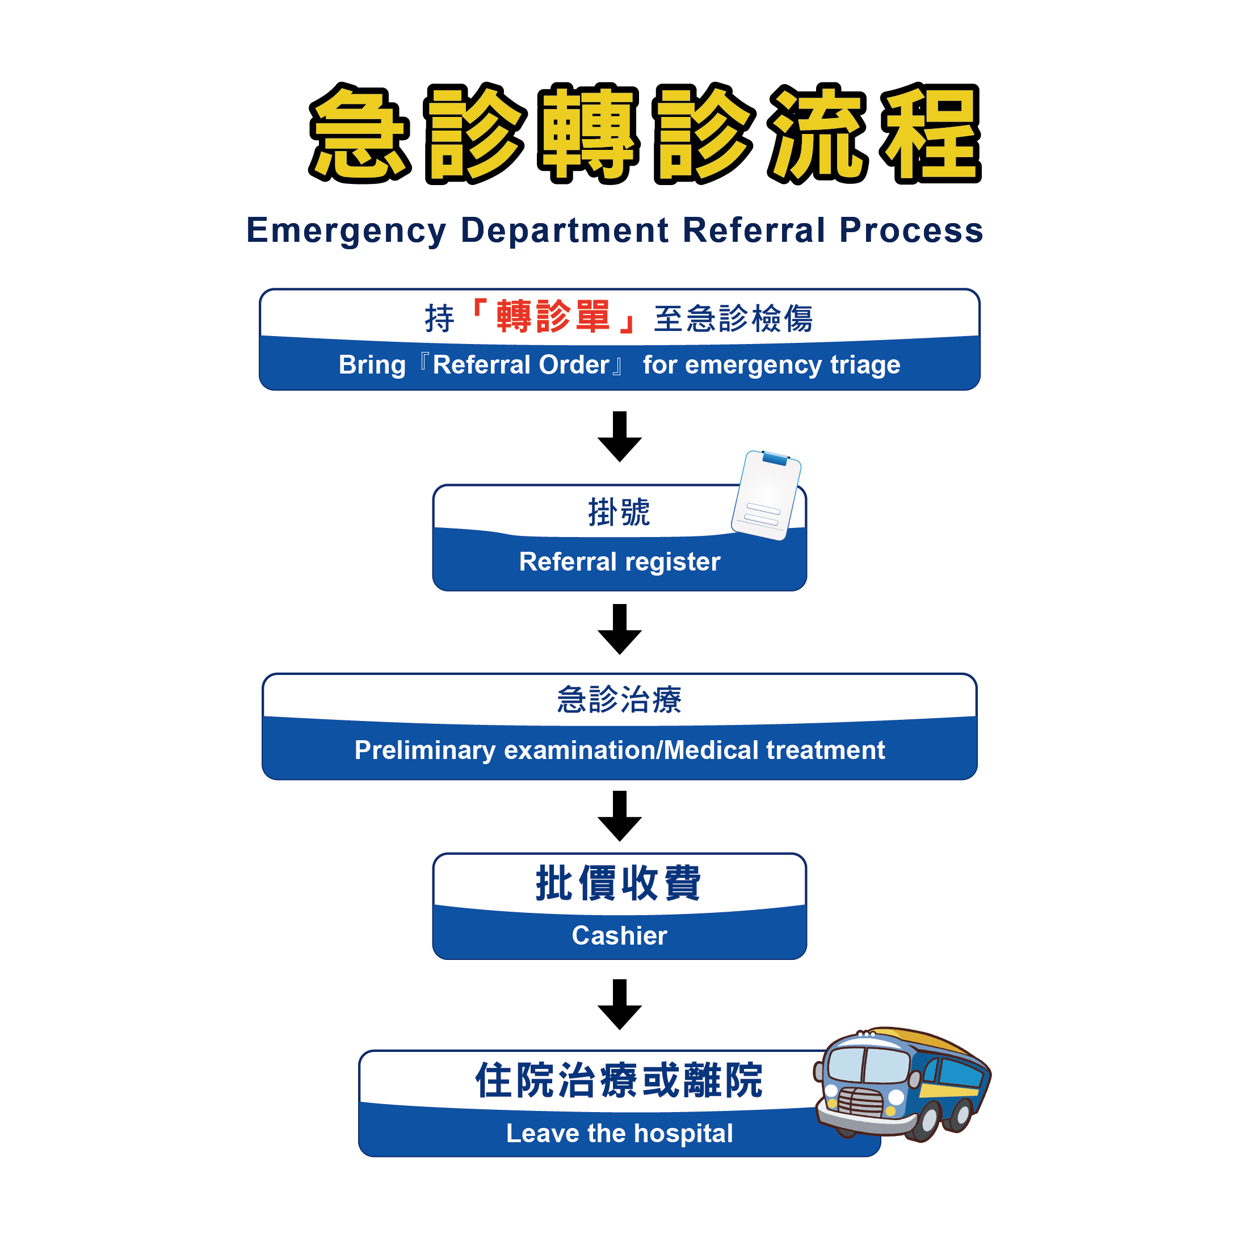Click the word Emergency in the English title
click(346, 230)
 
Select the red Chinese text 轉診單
click(552, 317)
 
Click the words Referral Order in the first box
click(520, 365)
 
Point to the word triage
click(865, 365)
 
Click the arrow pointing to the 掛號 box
click(619, 437)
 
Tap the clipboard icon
click(766, 495)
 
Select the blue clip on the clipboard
click(775, 458)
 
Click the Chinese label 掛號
click(619, 513)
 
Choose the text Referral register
click(619, 562)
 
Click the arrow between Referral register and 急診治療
click(619, 630)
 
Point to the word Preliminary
click(425, 750)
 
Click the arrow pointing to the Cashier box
click(619, 816)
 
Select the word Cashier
click(619, 936)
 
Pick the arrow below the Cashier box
click(619, 1004)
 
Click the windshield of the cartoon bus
click(867, 1064)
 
